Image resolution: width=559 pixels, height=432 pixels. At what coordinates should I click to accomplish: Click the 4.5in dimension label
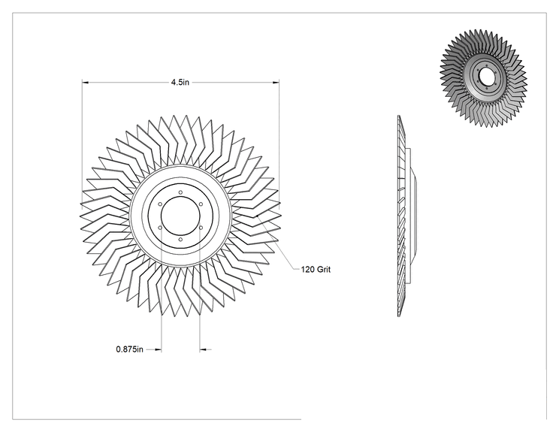[180, 83]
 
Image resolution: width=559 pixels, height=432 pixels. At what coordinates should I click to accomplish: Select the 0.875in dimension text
[129, 349]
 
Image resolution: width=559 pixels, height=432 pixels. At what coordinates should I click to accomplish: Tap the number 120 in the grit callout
[307, 270]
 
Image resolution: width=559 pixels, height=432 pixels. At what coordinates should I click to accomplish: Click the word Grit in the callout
[324, 270]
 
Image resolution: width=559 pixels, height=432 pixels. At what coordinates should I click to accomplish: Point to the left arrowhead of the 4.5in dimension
[85, 83]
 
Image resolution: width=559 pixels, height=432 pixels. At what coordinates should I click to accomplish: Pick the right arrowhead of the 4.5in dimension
[276, 83]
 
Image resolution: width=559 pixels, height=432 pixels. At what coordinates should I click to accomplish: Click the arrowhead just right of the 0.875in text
[159, 349]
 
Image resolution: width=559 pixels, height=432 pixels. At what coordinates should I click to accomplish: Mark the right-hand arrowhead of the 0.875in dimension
[203, 349]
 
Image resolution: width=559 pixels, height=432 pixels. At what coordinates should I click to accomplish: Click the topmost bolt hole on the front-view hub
[181, 192]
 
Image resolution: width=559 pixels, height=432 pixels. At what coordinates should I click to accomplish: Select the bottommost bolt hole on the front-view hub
[181, 240]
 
